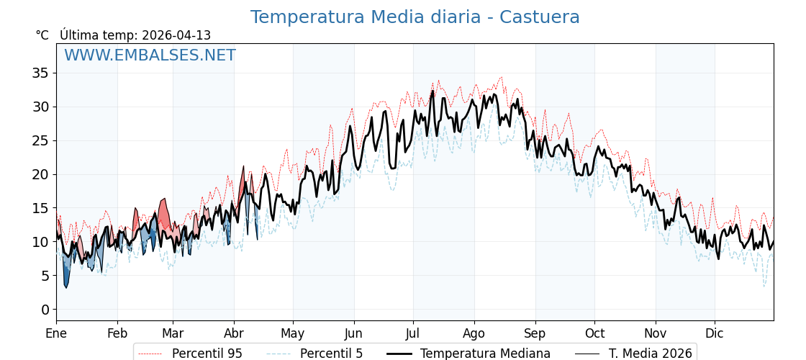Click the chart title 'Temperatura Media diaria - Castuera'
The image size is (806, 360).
(415, 17)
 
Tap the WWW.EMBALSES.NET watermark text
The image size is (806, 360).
(150, 55)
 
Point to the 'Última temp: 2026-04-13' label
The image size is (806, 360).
(135, 35)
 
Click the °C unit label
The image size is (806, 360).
(42, 35)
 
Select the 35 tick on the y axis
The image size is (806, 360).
(40, 73)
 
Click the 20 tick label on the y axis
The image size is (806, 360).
(40, 174)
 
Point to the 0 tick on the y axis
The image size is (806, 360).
(45, 310)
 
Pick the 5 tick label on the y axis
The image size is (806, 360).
(45, 276)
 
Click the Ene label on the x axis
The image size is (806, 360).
(56, 333)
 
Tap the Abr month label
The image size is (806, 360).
(234, 333)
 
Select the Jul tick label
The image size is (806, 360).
(413, 333)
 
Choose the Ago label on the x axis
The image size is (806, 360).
(474, 333)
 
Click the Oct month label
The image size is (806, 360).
(594, 333)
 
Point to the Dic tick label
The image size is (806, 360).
(715, 333)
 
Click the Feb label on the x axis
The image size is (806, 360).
(117, 333)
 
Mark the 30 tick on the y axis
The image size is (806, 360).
(40, 107)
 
